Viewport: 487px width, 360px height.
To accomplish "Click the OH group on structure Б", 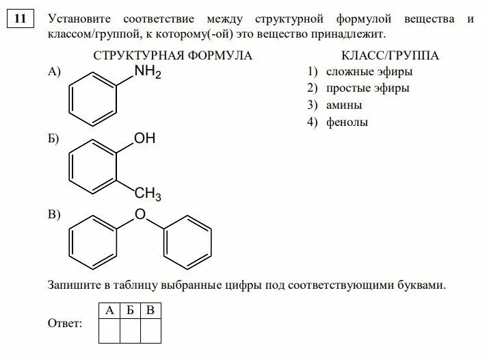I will [145, 139].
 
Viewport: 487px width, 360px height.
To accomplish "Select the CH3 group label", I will [148, 195].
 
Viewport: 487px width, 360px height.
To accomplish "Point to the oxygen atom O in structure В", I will [140, 215].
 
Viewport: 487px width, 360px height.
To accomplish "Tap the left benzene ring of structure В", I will [94, 243].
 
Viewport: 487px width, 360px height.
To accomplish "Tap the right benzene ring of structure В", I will [186, 243].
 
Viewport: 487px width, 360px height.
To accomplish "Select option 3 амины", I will [334, 105].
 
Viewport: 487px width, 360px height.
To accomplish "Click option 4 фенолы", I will [337, 123].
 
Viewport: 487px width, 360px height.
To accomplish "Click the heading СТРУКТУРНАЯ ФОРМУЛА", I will [172, 55].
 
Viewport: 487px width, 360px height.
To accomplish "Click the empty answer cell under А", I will [109, 331].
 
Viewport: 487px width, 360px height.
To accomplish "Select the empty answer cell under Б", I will [130, 331].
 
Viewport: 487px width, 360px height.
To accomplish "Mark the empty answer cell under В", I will [150, 331].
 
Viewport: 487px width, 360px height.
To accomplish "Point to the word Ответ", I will [65, 323].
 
